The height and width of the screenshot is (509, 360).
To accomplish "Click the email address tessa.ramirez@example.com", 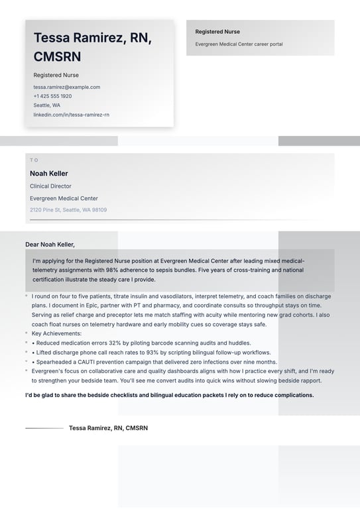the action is [67, 87].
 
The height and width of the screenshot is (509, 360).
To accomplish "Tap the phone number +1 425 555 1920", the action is [52, 96].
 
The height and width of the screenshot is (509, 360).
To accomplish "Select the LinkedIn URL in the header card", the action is [72, 115].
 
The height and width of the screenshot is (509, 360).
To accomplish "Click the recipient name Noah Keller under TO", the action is [49, 174].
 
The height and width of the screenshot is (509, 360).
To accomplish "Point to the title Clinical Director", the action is [50, 186].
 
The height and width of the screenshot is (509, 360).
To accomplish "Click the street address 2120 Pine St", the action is [46, 210].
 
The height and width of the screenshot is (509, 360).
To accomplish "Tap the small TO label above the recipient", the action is [34, 160].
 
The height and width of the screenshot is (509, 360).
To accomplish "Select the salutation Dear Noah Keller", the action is [50, 244].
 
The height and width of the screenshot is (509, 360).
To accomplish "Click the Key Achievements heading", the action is [56, 333].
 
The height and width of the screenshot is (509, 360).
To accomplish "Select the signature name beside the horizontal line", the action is [108, 428].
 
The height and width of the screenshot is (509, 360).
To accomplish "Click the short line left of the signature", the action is [44, 428].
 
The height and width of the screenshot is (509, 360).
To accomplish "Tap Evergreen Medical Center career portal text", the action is [239, 44].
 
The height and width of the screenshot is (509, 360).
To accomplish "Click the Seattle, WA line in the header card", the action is [47, 105].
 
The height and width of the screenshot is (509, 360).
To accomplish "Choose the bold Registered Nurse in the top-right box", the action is [217, 32].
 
